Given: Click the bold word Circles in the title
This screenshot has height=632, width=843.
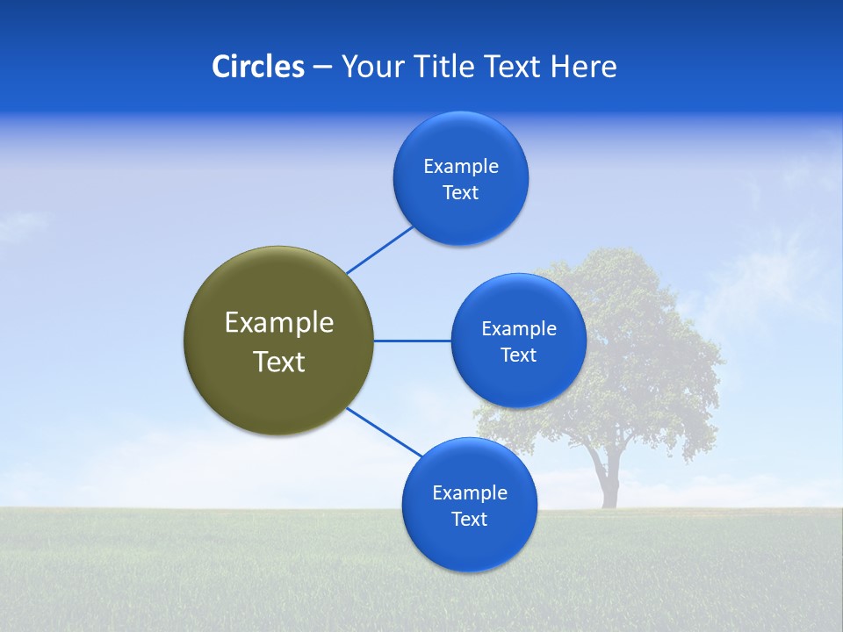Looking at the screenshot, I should [x=257, y=67].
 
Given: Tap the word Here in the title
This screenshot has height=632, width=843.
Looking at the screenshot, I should [x=583, y=67].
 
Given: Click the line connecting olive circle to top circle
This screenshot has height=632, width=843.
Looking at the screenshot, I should [x=381, y=249].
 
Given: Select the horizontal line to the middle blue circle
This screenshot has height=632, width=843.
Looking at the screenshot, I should [x=413, y=341].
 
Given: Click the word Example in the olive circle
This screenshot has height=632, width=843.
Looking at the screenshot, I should [x=279, y=322].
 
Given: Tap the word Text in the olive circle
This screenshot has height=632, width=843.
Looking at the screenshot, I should [x=279, y=362].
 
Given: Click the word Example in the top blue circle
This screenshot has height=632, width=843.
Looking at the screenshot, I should [x=461, y=166].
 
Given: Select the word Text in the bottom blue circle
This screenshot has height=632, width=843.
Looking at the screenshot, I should [x=470, y=519].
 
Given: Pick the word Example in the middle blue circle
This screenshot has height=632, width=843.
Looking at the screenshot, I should [x=519, y=328].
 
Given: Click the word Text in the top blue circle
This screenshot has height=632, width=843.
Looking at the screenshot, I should [x=461, y=192].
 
